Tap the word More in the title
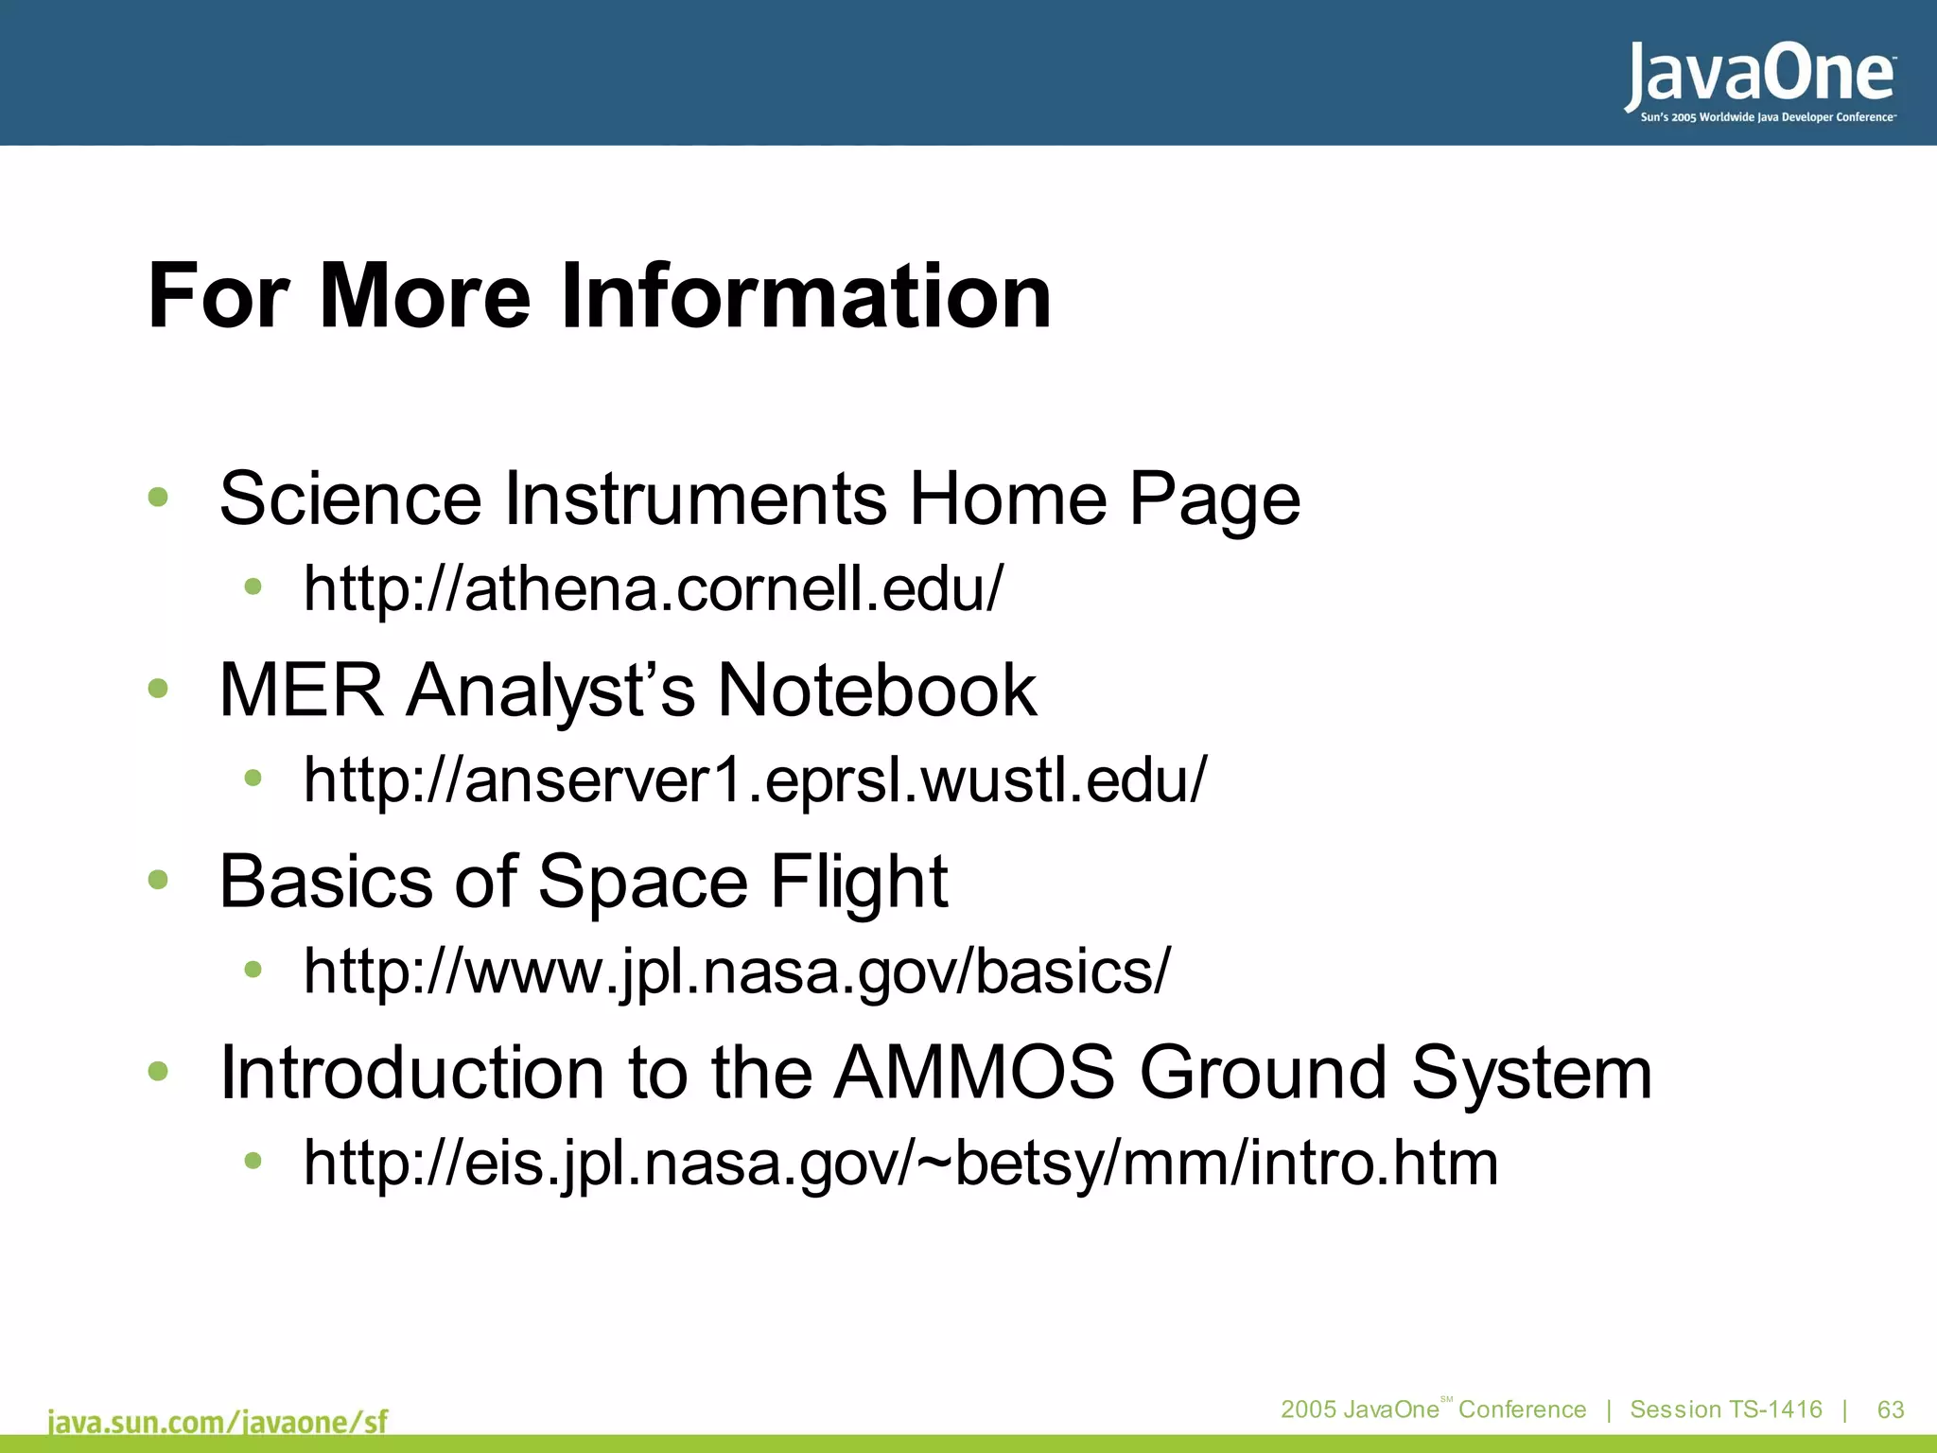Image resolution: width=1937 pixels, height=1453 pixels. click(x=425, y=296)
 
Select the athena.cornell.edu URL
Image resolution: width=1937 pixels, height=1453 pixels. click(x=653, y=588)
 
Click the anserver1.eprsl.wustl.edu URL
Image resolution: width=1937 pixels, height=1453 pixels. click(x=755, y=779)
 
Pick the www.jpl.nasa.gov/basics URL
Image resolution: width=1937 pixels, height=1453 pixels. click(x=736, y=971)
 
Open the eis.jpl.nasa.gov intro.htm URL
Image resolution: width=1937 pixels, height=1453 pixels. click(x=900, y=1163)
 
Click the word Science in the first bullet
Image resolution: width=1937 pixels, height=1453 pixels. click(x=350, y=499)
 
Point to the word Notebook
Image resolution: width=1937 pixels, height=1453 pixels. click(x=877, y=690)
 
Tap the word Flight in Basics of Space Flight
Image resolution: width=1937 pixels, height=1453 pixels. click(x=858, y=881)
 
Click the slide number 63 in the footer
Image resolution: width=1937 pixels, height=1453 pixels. click(x=1890, y=1409)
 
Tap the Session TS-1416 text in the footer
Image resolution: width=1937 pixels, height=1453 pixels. click(x=1725, y=1409)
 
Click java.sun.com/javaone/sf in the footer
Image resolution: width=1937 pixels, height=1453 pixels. click(x=218, y=1422)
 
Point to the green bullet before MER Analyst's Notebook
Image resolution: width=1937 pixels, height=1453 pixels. click(x=158, y=689)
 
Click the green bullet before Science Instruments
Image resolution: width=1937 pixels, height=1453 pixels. click(x=158, y=497)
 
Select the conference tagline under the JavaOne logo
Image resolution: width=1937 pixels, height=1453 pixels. click(x=1767, y=117)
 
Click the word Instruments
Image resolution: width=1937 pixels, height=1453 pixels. click(x=695, y=499)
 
